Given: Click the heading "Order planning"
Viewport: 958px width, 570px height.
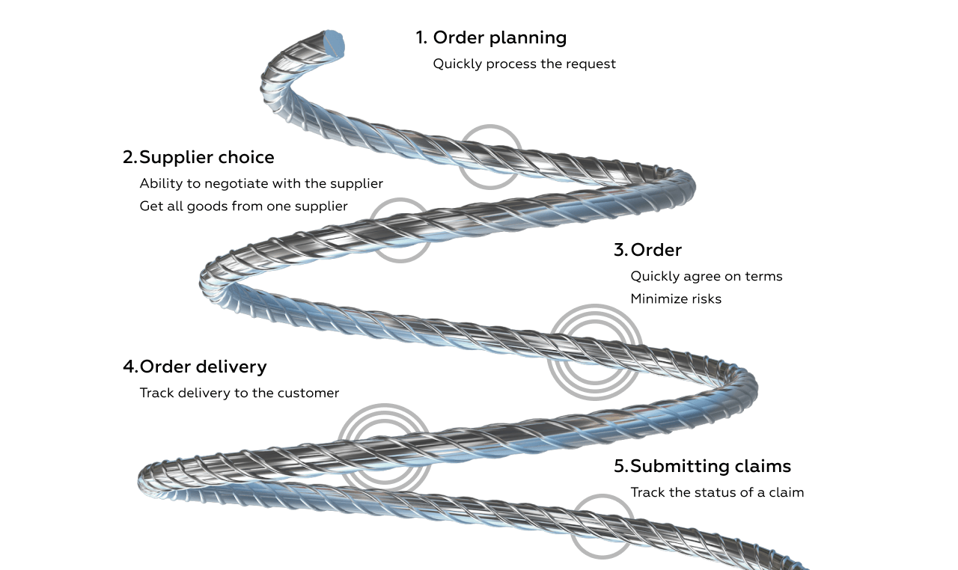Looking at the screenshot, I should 499,37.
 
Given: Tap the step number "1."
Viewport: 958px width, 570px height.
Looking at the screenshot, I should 421,37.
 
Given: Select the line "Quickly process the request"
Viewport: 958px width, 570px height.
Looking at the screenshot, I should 524,64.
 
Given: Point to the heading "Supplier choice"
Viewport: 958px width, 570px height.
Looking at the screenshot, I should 207,157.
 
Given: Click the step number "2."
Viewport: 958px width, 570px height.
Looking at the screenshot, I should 130,157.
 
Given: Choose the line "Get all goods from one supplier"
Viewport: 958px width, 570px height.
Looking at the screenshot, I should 243,206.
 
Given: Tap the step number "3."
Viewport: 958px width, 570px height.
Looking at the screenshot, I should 621,250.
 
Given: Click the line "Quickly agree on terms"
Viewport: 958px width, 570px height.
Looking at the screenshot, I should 706,276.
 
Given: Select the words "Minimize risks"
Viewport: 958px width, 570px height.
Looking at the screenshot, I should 676,299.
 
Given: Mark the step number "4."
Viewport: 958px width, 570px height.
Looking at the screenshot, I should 130,367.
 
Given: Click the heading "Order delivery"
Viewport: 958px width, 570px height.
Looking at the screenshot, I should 203,367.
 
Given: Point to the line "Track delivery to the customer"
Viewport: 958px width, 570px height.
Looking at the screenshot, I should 239,393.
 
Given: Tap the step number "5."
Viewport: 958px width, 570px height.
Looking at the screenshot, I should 621,466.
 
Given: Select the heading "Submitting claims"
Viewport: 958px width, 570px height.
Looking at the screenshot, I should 710,466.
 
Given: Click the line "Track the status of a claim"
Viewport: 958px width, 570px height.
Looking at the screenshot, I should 717,492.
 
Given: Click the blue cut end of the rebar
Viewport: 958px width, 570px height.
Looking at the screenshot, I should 335,44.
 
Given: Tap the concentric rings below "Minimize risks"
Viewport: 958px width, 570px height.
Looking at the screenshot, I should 594,352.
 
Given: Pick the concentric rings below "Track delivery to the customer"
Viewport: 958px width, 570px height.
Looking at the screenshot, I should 384,449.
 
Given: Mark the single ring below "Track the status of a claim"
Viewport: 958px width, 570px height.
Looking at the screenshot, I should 602,527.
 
